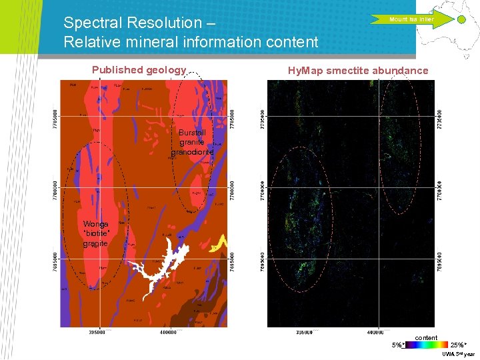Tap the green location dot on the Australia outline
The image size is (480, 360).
point(461,20)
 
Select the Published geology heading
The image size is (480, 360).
point(139,70)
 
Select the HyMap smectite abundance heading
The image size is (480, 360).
point(357,71)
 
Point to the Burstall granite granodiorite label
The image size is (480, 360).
point(192,142)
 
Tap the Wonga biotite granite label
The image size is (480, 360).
point(96,234)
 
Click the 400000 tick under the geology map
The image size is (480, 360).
point(168,331)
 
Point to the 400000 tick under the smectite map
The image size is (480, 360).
point(375,331)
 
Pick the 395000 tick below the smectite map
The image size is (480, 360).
point(303,331)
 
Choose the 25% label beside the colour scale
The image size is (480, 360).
point(459,345)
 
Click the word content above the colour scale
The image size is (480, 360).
point(426,338)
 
